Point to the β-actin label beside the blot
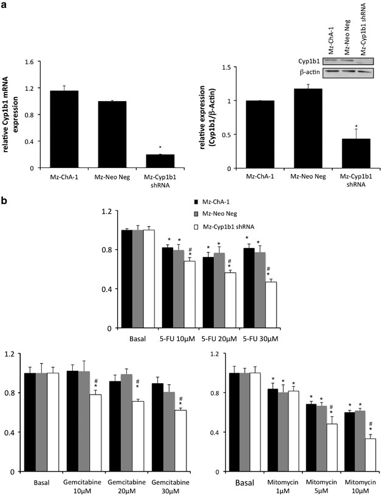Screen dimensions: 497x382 [x=316, y=72]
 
